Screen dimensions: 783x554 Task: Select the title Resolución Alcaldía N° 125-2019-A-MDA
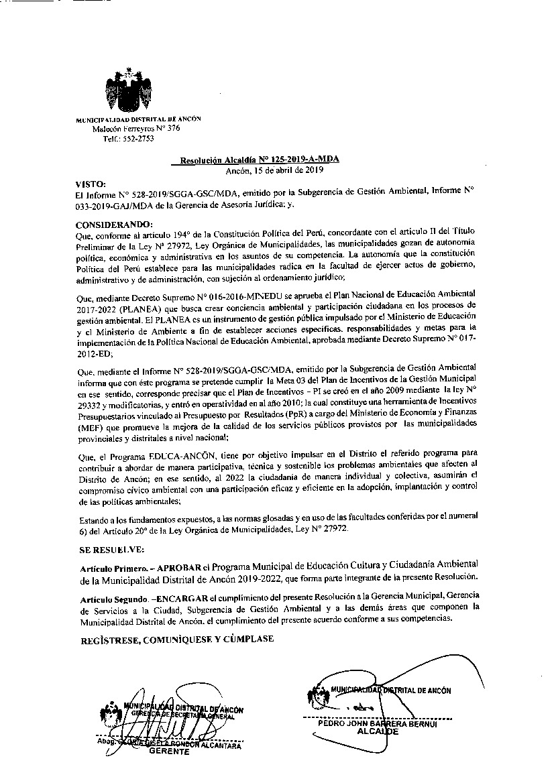[x=255, y=160]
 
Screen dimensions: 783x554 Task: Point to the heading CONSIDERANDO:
[x=115, y=223]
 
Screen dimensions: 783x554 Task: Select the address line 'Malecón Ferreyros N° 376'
[x=136, y=128]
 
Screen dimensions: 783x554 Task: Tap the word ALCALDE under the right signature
[x=378, y=731]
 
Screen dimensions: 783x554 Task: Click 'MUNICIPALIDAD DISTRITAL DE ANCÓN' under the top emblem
[x=138, y=119]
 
